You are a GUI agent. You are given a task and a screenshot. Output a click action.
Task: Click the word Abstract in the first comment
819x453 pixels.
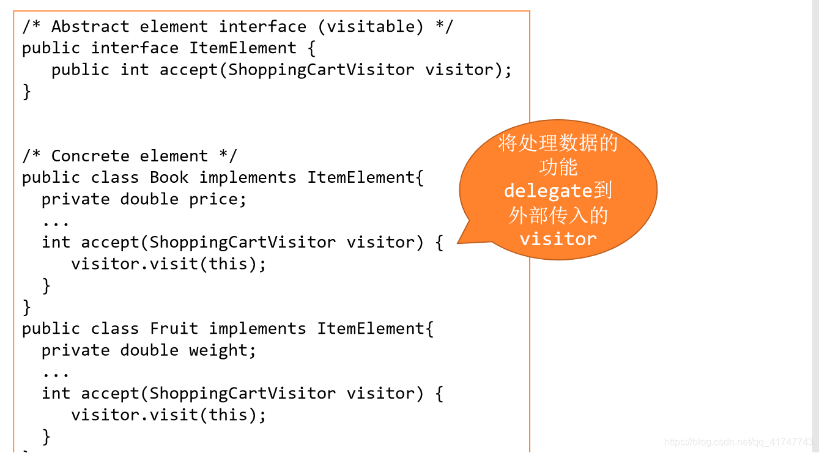(x=90, y=27)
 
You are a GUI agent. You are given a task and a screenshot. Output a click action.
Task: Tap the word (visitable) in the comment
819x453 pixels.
(x=374, y=27)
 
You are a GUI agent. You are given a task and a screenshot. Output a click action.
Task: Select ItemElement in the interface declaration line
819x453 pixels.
(x=243, y=48)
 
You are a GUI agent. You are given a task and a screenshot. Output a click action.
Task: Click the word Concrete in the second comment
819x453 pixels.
(x=90, y=157)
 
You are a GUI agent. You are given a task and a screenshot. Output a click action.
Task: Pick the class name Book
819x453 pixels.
(x=169, y=178)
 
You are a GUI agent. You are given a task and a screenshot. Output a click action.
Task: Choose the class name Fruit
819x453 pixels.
(x=174, y=329)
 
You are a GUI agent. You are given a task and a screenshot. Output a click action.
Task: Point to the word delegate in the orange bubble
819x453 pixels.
(x=547, y=191)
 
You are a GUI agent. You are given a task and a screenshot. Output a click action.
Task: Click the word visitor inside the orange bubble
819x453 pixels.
(x=558, y=239)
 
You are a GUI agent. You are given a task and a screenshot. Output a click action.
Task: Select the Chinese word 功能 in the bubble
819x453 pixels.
(x=558, y=168)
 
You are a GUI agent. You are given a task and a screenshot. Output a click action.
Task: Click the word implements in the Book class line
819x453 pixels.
(x=247, y=178)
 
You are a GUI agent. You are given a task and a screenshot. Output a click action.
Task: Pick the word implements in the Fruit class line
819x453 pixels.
(x=257, y=329)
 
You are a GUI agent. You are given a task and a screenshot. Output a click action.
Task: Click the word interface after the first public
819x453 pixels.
(x=135, y=48)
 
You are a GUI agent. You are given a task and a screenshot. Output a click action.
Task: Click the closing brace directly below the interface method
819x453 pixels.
(x=26, y=92)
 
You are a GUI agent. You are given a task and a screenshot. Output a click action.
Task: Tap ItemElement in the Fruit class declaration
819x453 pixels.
(x=371, y=329)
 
